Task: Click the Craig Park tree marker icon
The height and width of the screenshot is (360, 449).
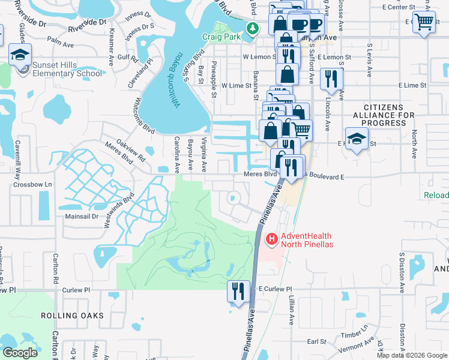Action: [x=253, y=28]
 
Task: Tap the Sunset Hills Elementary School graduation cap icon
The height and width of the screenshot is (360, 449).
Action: [x=20, y=55]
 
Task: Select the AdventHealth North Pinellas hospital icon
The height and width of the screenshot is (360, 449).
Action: [x=271, y=239]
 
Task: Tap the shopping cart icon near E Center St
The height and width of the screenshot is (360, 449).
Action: [x=424, y=22]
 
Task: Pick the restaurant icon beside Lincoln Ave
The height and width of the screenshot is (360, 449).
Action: [x=331, y=79]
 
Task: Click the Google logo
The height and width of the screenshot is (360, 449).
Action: [x=20, y=353]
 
